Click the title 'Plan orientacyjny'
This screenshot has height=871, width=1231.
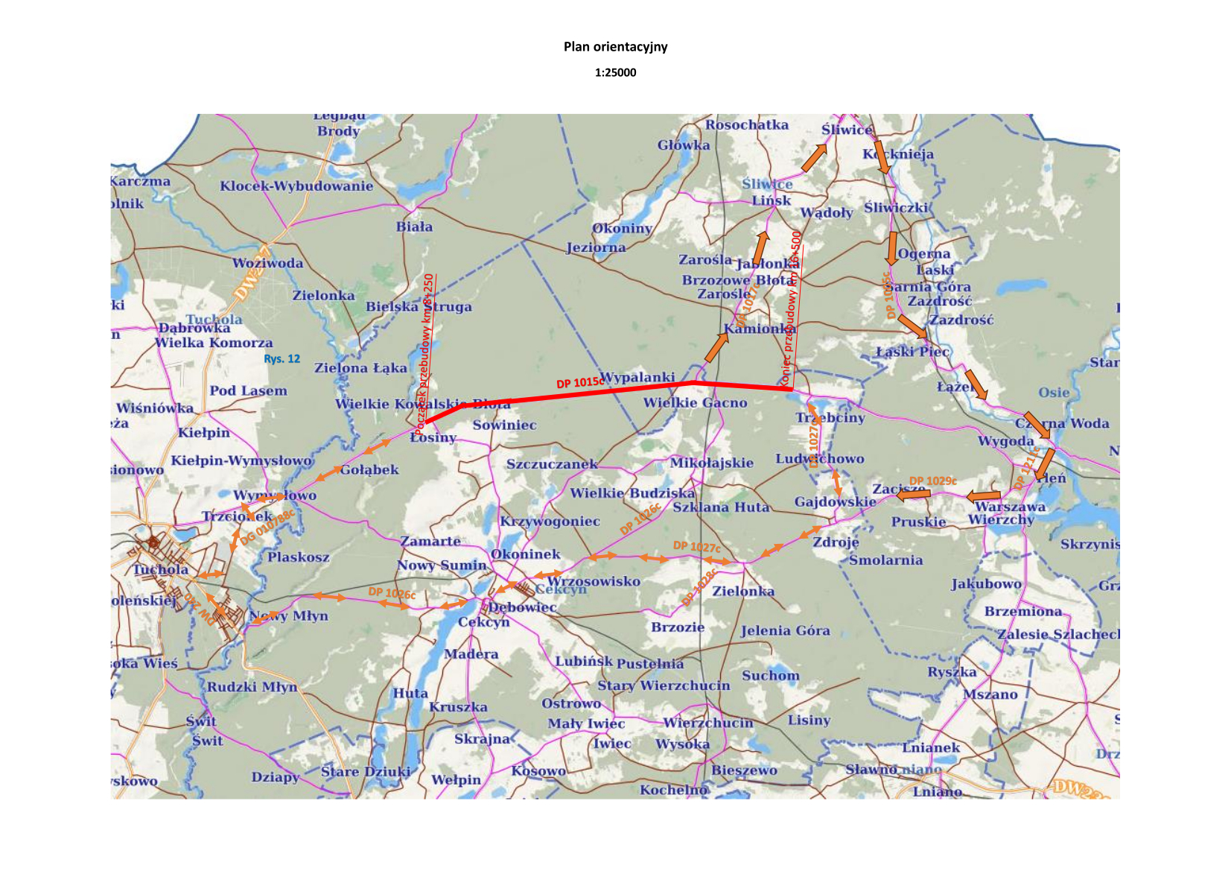[x=615, y=47]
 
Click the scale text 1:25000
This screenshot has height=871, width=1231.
[x=615, y=72]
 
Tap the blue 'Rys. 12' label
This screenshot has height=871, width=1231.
[x=281, y=359]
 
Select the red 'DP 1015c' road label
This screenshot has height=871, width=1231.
[x=579, y=383]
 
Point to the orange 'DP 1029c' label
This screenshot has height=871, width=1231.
[x=932, y=481]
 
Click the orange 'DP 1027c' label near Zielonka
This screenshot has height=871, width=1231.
[x=696, y=546]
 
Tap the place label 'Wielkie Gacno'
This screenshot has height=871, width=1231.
[x=695, y=403]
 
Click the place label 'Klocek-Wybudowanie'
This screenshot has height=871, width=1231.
[x=296, y=186]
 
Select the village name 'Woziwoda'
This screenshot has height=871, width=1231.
[x=267, y=263]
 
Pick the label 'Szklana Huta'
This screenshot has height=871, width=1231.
[x=721, y=507]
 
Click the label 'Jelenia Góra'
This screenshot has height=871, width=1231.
[x=785, y=631]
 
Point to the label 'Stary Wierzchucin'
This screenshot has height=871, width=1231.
[x=664, y=685]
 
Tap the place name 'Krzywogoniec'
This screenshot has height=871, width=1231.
[x=550, y=522]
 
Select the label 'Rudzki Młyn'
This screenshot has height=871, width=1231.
[x=252, y=687]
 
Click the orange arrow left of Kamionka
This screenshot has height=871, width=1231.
[x=716, y=347]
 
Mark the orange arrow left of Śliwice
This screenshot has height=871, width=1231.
[x=813, y=157]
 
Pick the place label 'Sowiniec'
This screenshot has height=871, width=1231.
[x=504, y=425]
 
